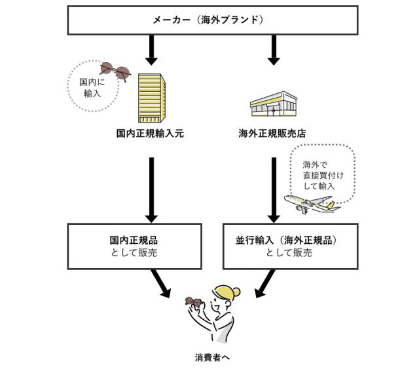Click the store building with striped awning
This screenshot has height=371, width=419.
click(274, 104)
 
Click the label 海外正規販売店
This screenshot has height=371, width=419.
click(273, 133)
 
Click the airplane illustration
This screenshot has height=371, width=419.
click(309, 204)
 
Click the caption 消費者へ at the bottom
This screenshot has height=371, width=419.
click(213, 357)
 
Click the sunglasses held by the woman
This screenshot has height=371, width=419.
click(194, 302)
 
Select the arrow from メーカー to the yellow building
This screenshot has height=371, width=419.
click(151, 49)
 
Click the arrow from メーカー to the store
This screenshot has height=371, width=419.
click(273, 49)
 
